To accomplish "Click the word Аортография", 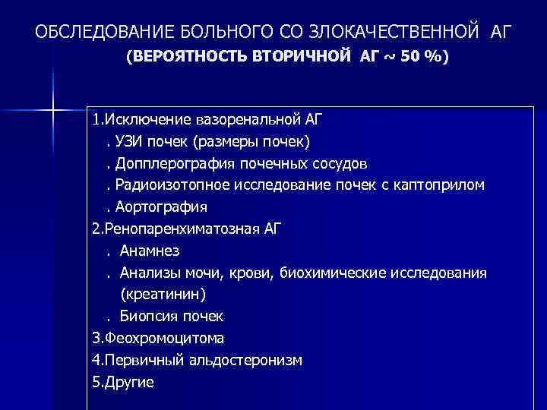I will pyautogui.click(x=162, y=207).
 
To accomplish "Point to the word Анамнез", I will pyautogui.click(x=150, y=251).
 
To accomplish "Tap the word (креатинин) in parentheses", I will pyautogui.click(x=163, y=294).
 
